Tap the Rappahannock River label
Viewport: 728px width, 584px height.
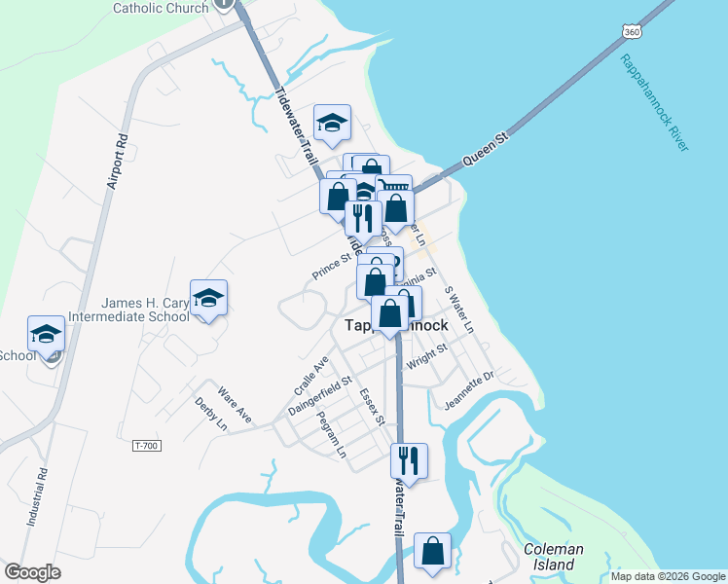coord(654,102)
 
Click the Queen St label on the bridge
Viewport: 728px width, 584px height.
coord(487,150)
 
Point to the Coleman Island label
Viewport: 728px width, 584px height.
coord(554,556)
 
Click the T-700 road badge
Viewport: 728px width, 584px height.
coord(145,446)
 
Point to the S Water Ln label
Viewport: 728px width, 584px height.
coord(458,309)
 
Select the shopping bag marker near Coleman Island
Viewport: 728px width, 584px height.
coord(432,551)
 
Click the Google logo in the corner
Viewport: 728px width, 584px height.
coord(32,572)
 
